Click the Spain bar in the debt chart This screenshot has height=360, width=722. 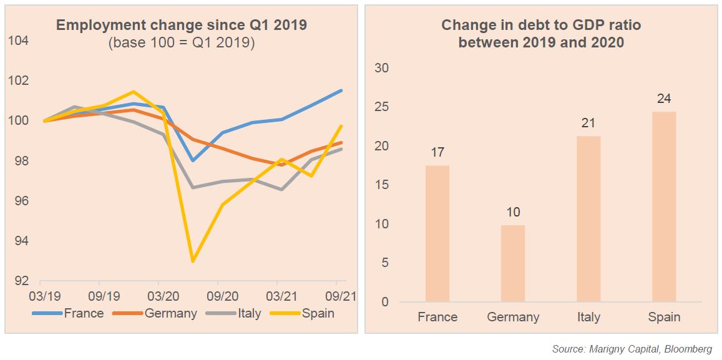[663, 207]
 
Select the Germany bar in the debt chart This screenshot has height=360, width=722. [512, 263]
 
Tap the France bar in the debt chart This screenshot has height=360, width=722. [437, 233]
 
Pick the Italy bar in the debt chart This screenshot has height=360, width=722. [588, 218]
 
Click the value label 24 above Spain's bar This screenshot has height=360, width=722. [663, 99]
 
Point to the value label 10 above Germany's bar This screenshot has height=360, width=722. [512, 212]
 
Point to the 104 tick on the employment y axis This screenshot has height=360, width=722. [19, 41]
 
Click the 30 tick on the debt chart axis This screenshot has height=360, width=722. [381, 68]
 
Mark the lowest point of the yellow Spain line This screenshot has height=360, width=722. [192, 261]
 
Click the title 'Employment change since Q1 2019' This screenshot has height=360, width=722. [182, 26]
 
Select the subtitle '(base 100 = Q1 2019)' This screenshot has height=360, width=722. [182, 44]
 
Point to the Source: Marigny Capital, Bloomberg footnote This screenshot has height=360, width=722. [632, 349]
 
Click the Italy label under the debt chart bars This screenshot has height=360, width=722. [588, 317]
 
